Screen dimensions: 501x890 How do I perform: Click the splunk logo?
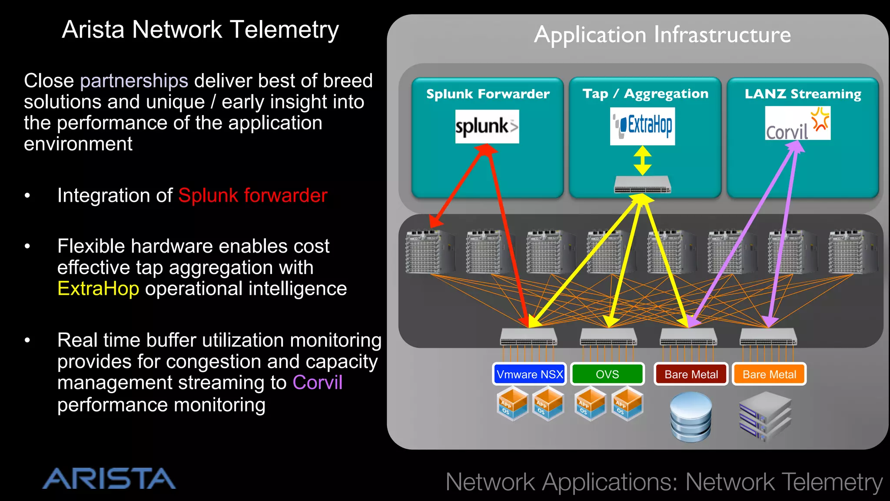coord(487,127)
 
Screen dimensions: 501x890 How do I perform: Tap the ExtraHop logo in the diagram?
coord(642,126)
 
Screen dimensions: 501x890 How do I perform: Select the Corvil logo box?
coord(797,124)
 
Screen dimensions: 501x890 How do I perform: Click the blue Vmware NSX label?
coord(529,374)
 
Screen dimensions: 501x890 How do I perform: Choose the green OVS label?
coord(607,374)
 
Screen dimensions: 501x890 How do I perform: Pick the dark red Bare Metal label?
coord(691,374)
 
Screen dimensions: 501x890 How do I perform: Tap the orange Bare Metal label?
coord(769,374)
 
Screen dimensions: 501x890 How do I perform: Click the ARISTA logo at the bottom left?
coord(109,479)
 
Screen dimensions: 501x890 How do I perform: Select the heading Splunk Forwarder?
coord(488,94)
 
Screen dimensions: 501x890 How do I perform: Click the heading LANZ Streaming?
coord(803,94)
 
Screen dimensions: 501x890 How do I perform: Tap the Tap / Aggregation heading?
coord(645,94)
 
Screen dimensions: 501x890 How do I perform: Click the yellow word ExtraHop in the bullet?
coord(98,289)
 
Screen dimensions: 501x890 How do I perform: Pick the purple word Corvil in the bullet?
coord(317,383)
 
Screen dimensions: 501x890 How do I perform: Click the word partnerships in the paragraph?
coord(134,81)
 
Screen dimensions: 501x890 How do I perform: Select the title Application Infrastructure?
coord(662,35)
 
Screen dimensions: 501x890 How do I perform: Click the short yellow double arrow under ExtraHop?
coord(642,160)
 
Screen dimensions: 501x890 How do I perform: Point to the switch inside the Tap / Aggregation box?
coord(642,185)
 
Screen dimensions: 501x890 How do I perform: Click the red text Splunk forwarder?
coord(252,195)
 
